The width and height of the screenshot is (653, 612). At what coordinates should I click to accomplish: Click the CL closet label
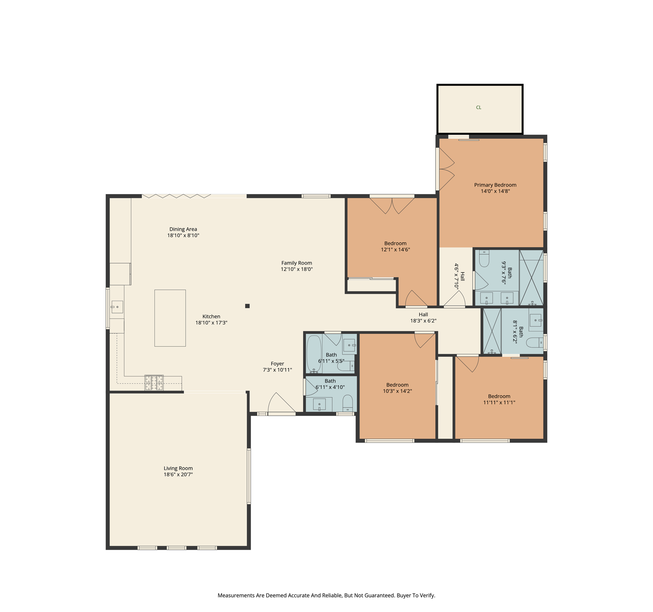478,108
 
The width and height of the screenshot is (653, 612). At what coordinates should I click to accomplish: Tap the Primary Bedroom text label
495,185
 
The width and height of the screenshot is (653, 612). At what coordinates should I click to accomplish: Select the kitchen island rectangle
170,318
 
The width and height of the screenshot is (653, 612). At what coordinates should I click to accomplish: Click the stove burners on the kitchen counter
154,382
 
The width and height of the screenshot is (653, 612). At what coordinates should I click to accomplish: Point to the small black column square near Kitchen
247,306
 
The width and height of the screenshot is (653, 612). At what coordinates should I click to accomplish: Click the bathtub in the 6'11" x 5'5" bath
314,354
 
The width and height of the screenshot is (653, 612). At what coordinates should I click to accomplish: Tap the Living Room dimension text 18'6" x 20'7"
178,475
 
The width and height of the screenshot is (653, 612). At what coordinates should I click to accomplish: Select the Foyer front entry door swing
281,403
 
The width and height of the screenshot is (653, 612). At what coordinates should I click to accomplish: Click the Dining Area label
183,229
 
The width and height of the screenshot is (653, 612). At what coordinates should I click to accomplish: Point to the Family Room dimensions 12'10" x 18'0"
296,269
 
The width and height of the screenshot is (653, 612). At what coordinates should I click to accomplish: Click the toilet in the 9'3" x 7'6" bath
484,259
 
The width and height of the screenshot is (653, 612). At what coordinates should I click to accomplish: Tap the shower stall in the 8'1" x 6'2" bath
492,331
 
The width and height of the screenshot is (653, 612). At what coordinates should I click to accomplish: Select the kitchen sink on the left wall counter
117,307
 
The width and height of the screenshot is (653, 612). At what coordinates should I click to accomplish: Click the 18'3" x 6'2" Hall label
423,318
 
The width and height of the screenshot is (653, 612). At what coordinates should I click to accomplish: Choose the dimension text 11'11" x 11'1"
499,402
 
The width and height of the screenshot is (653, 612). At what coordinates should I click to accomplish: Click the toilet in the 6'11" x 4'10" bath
347,403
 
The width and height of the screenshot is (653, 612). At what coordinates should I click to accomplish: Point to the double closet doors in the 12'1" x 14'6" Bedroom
392,206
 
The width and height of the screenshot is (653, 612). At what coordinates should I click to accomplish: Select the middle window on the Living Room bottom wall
176,548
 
